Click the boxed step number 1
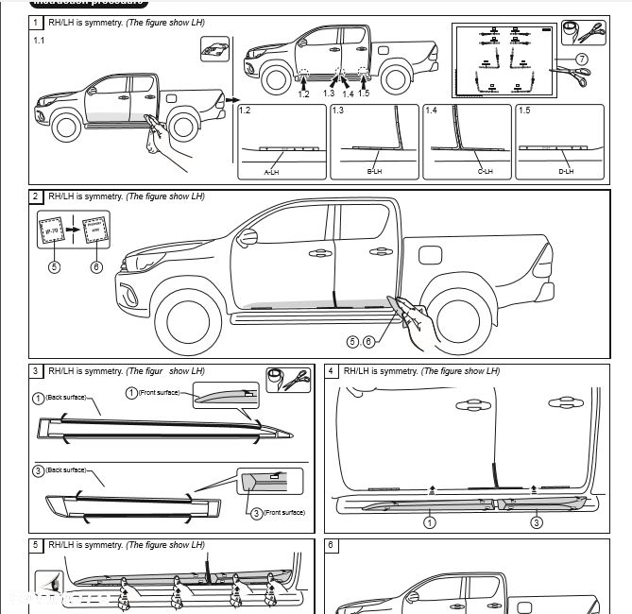[x=36, y=22]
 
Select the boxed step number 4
[x=331, y=371]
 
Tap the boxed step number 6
[x=331, y=545]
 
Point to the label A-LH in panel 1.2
[x=272, y=172]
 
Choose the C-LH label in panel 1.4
[x=459, y=172]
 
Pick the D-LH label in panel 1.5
[x=565, y=172]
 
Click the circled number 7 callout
[x=582, y=59]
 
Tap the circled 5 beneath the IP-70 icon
[x=55, y=266]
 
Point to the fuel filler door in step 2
[x=428, y=256]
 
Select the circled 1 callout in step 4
[x=429, y=521]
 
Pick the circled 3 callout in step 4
[x=536, y=521]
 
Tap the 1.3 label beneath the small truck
[x=329, y=94]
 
